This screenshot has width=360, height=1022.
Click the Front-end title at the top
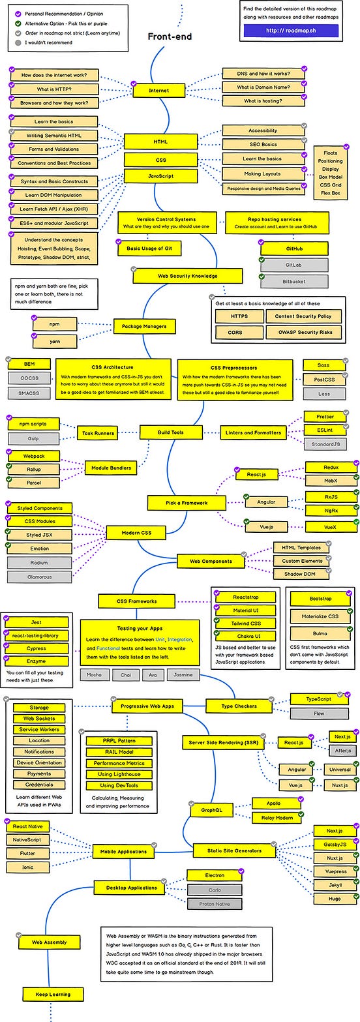tap(170, 37)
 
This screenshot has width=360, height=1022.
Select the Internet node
tap(158, 91)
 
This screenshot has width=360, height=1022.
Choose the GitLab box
tap(284, 265)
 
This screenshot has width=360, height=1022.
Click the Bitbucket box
tap(284, 282)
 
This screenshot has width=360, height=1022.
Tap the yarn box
tap(55, 340)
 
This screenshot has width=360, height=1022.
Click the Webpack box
tap(34, 455)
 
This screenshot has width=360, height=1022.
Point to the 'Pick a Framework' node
tap(177, 502)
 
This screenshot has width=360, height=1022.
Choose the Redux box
tap(331, 467)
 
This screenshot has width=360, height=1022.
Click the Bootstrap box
tap(320, 599)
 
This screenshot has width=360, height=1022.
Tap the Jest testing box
tap(36, 622)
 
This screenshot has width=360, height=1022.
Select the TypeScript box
tap(319, 699)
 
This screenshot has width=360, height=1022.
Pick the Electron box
tap(215, 875)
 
